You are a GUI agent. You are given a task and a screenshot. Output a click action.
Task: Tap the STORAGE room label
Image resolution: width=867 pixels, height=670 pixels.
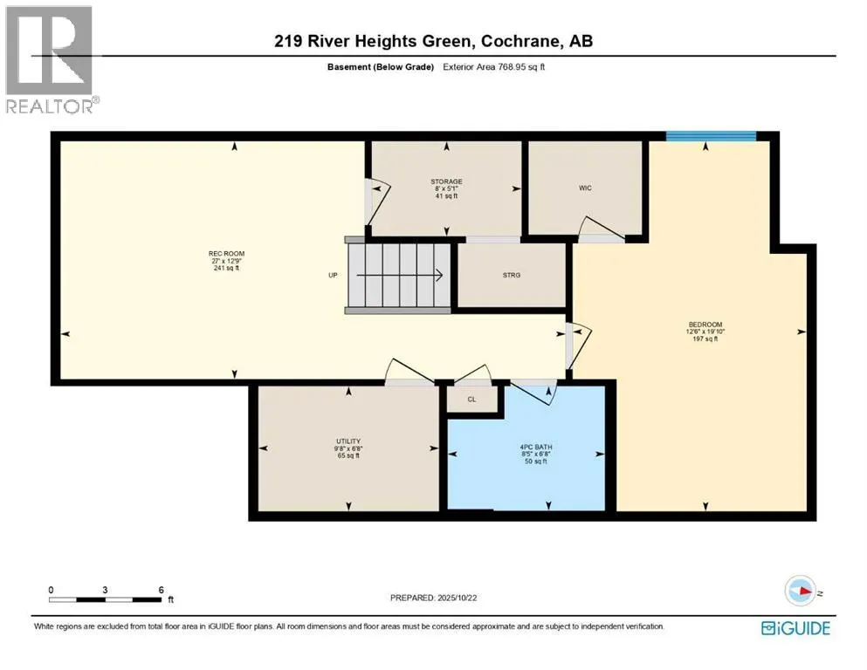click(446, 181)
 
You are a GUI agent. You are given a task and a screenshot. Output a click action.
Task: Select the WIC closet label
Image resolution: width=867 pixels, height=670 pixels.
click(585, 188)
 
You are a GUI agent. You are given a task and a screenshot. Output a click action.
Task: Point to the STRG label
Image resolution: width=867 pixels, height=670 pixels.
click(512, 276)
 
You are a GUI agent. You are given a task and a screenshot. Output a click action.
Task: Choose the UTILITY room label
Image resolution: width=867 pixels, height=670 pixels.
click(348, 441)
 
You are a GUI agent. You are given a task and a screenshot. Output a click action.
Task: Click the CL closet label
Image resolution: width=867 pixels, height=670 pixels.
click(471, 400)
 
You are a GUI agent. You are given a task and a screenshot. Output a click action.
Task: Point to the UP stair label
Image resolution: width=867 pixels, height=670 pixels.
click(333, 276)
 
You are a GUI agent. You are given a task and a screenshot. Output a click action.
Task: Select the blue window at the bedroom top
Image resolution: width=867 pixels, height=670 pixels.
click(711, 135)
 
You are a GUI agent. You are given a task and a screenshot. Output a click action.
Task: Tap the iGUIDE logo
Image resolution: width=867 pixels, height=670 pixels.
click(795, 628)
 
